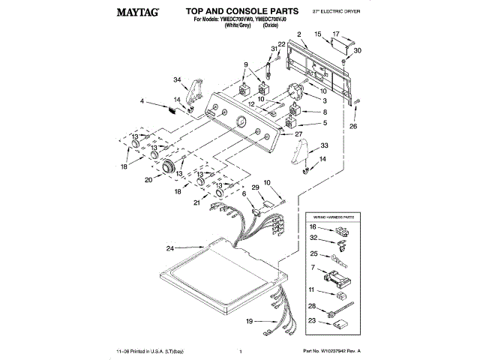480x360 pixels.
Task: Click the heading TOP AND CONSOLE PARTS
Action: click(238, 12)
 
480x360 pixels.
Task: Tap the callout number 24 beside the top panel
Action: click(170, 248)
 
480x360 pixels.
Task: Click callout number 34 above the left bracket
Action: click(178, 80)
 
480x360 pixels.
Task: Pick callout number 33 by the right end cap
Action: click(324, 145)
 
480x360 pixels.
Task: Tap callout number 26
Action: click(353, 126)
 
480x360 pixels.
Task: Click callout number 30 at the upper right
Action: click(357, 50)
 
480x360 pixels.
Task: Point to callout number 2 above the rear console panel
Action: click(298, 34)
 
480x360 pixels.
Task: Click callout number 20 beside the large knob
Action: click(148, 179)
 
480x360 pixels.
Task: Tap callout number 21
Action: click(196, 202)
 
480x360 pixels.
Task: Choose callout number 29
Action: click(255, 187)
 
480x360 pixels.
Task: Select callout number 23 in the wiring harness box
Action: click(312, 321)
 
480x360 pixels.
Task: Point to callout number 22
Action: click(282, 44)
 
